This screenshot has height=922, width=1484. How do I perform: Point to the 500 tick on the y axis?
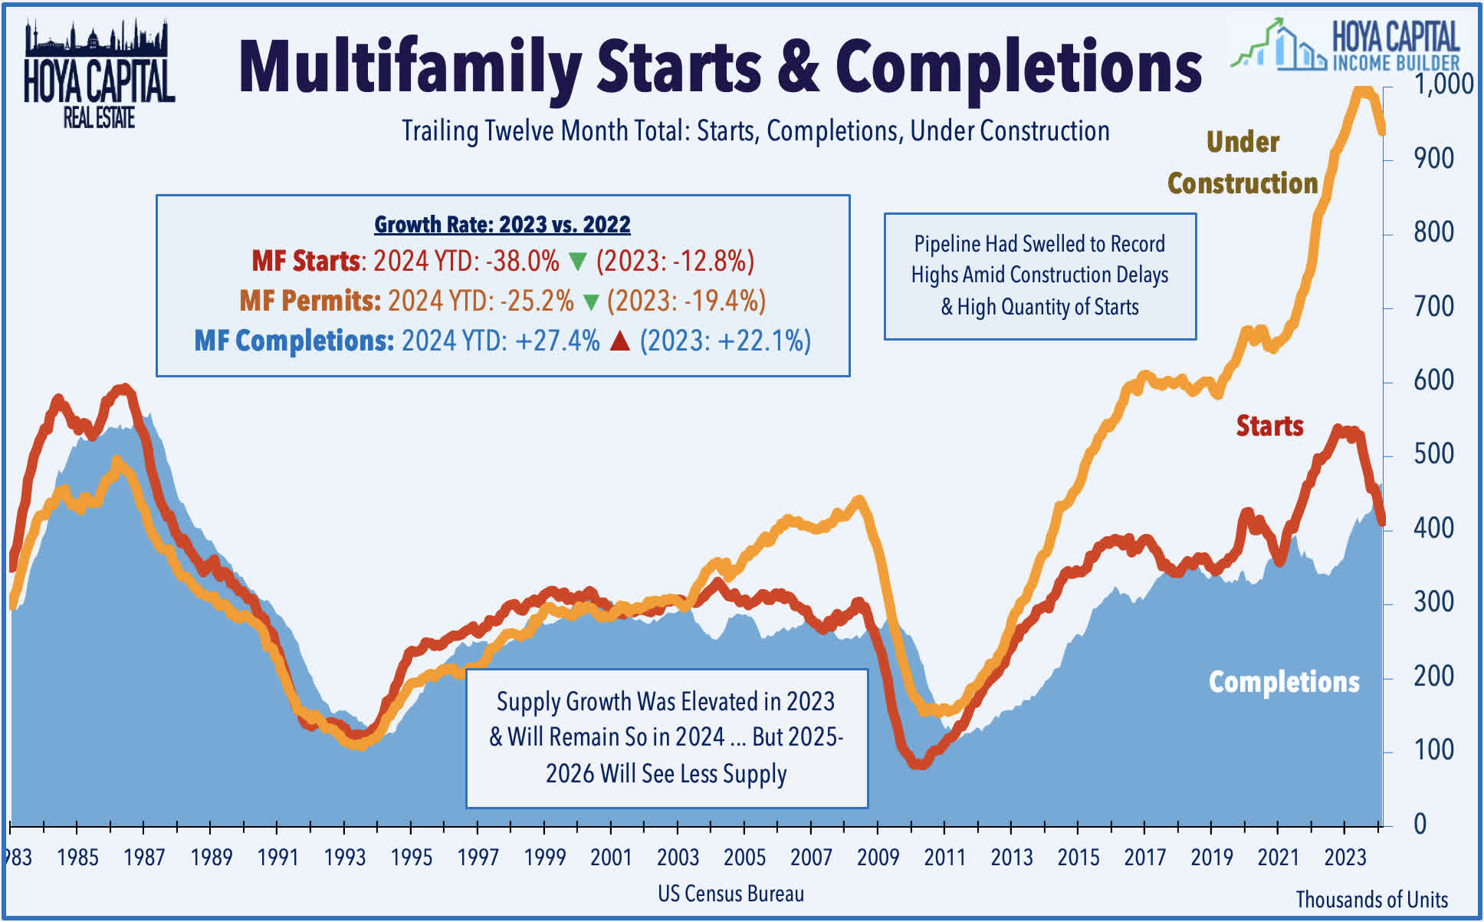[x=1433, y=454]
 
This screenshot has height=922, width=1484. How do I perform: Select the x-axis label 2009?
[x=878, y=858]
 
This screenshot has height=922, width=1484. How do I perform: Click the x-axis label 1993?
[x=344, y=858]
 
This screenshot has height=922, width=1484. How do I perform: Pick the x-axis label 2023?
[x=1344, y=858]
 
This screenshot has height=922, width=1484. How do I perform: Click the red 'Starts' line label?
[x=1269, y=426]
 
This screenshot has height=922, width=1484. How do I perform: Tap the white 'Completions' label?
[x=1284, y=682]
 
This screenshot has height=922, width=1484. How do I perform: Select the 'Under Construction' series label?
[x=1243, y=163]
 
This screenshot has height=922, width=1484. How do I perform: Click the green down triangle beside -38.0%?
[x=578, y=262]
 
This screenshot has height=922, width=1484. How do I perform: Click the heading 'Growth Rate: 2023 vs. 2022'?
[x=502, y=225]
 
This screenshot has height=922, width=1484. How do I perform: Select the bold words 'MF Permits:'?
[x=310, y=301]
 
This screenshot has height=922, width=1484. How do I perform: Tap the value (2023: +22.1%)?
[x=725, y=341]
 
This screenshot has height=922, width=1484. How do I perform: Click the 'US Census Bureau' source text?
[x=731, y=894]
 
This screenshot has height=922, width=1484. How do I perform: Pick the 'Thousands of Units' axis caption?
[x=1371, y=899]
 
